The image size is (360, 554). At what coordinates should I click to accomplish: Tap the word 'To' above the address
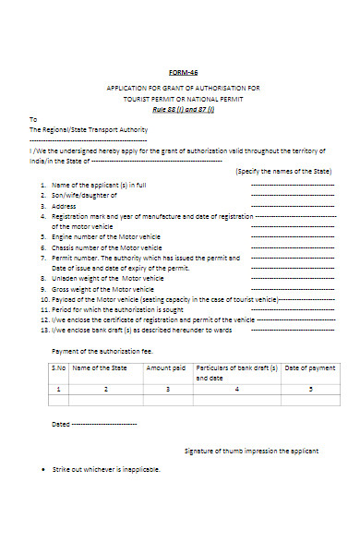pos(33,119)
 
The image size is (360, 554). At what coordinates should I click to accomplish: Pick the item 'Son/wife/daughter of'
pos(84,197)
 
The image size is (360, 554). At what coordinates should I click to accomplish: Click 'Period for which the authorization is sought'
pos(114,308)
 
